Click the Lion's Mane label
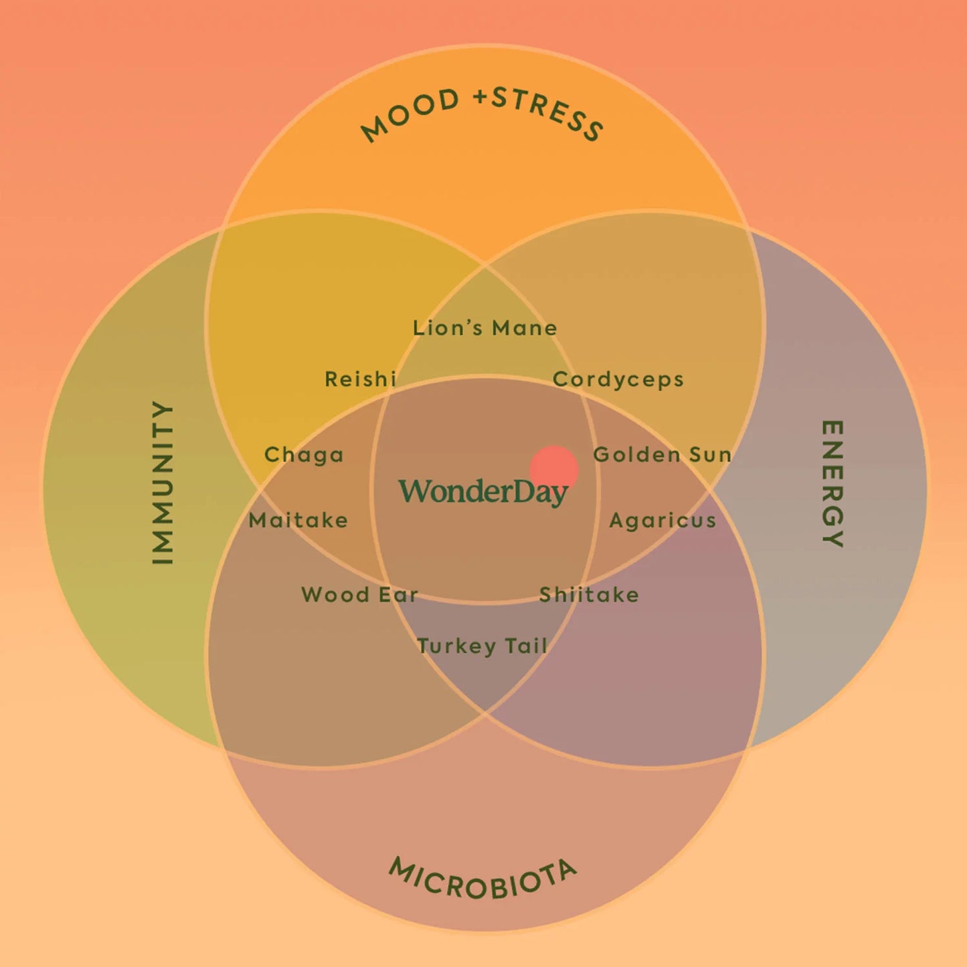485,328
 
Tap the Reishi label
360,379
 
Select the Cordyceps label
618,380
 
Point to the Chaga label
304,455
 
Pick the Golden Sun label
663,454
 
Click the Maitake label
298,521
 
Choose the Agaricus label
663,521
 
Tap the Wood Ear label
359,595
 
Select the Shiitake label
589,595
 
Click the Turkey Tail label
482,646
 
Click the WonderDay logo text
483,493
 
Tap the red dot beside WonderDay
554,470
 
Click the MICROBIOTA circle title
482,878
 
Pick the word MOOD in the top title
410,115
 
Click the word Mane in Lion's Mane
525,328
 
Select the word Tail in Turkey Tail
526,645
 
